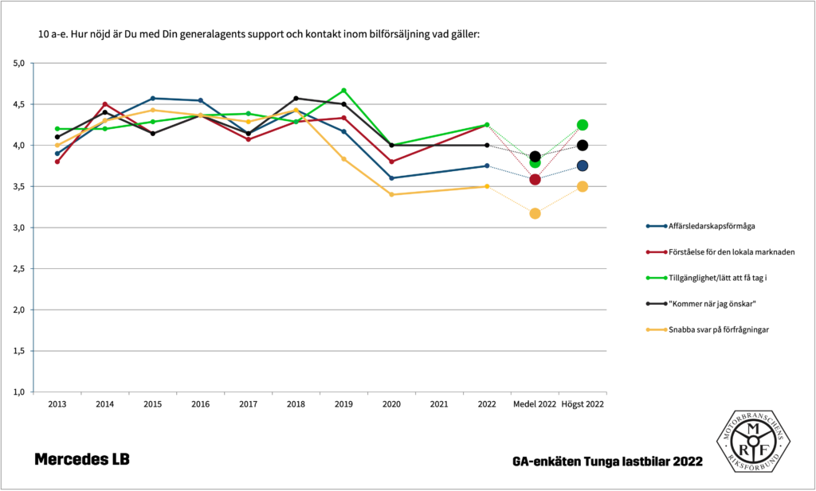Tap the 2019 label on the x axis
(343, 404)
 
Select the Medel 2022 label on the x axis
(535, 404)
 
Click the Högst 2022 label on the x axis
(583, 404)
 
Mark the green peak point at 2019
(343, 90)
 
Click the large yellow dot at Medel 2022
(535, 213)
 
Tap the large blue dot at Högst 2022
(583, 166)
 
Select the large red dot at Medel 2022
(535, 179)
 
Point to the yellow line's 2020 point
(391, 194)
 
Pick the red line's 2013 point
(57, 162)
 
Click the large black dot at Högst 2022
(583, 145)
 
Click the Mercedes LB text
(82, 459)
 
